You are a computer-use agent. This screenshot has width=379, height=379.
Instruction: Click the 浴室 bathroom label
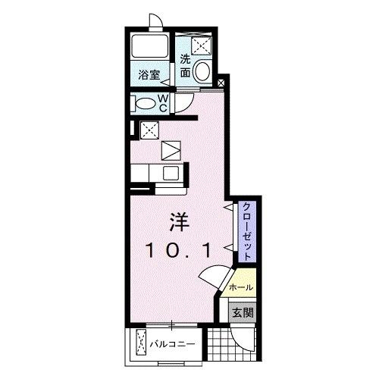[x=149, y=74]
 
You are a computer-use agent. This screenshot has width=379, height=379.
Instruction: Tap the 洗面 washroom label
[x=186, y=67]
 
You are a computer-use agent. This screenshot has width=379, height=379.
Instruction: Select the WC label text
[x=163, y=102]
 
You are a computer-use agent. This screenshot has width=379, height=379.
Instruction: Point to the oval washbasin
[x=202, y=73]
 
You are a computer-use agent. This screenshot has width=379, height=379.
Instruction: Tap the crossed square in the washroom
[x=201, y=45]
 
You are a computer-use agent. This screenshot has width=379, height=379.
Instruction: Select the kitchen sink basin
[x=171, y=173]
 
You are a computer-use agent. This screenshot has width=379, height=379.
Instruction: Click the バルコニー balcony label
[x=174, y=343]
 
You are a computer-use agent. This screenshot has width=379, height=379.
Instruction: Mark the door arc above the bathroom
[x=156, y=21]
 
